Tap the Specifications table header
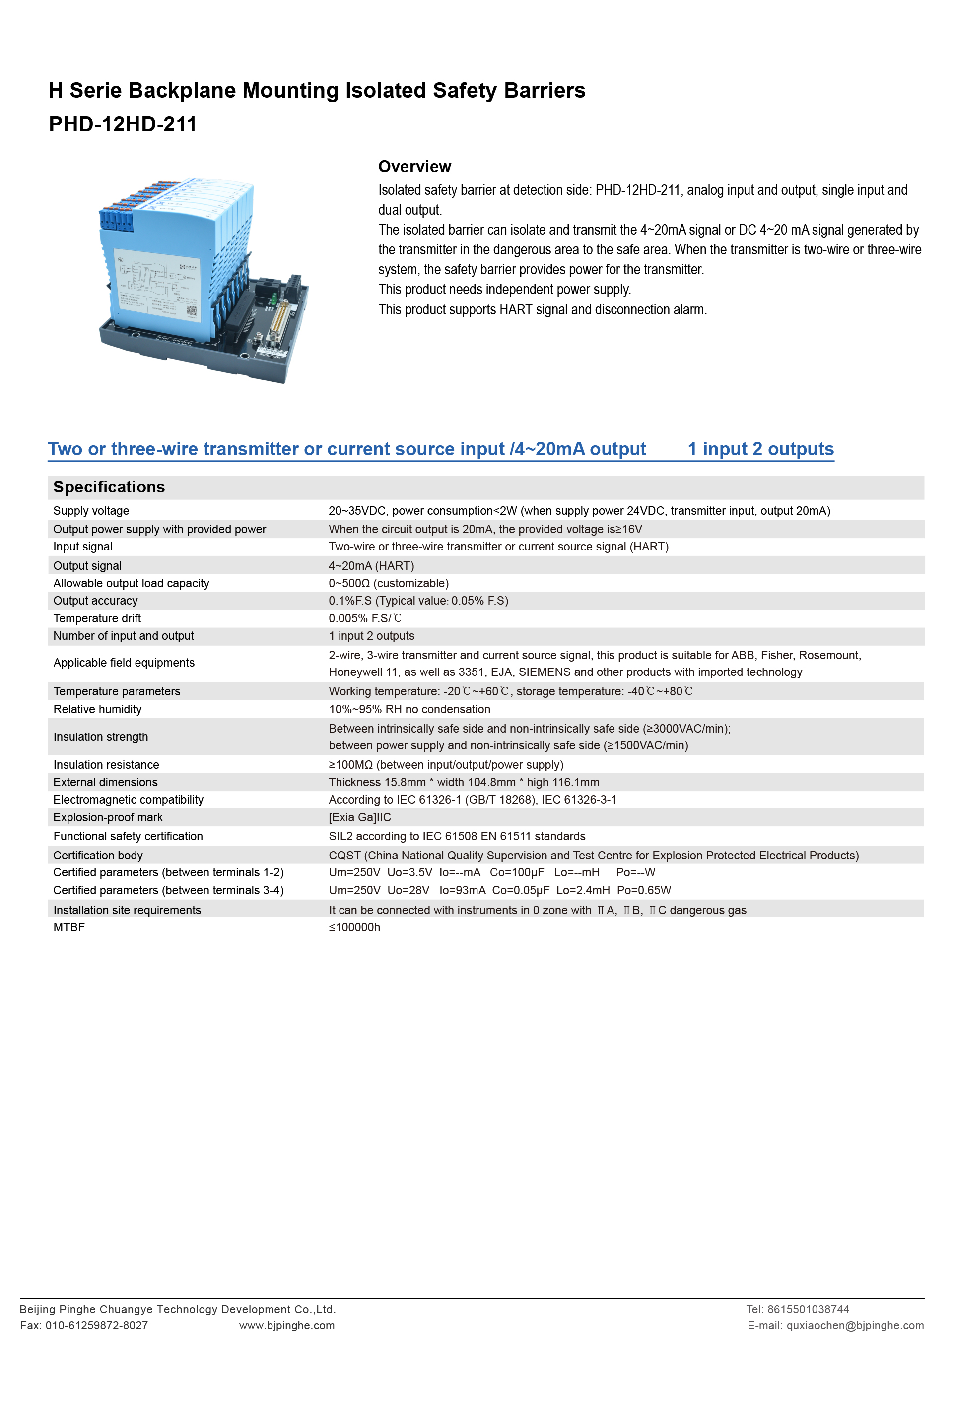[109, 487]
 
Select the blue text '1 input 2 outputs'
[760, 449]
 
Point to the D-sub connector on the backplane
[279, 324]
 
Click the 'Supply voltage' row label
[91, 511]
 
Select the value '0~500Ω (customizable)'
[388, 583]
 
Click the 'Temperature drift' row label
[97, 618]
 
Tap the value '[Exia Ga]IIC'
[360, 817]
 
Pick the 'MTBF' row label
[69, 927]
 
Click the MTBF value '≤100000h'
[354, 927]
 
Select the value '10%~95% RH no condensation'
[409, 709]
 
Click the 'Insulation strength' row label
[100, 737]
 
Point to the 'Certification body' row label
[98, 856]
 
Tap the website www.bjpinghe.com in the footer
[286, 1326]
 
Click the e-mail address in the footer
[854, 1326]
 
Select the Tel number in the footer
[808, 1309]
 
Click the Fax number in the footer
[96, 1326]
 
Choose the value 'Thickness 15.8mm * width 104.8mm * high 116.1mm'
[464, 782]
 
